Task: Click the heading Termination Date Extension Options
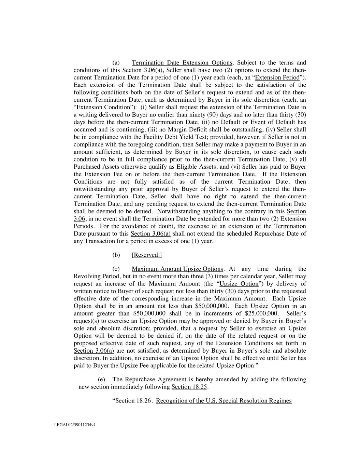pos(182,63)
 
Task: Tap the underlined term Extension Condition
pos(103,107)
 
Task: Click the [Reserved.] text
pos(147,255)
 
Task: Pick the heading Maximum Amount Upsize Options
pos(177,269)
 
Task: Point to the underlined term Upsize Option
pos(239,284)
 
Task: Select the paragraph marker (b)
pos(116,255)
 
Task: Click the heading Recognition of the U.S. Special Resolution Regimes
pos(224,401)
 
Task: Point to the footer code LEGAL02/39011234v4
pos(75,425)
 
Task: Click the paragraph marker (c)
pos(116,269)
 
